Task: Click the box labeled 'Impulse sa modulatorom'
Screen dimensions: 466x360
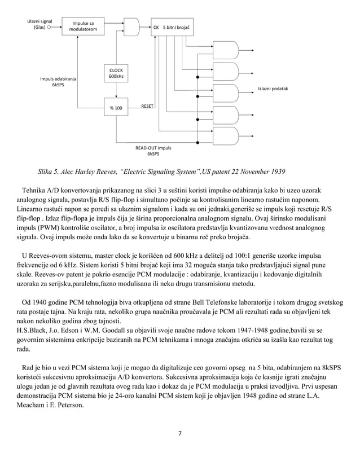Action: pos(83,26)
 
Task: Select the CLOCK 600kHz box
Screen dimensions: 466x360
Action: pos(116,74)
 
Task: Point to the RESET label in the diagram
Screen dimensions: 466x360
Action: pos(148,105)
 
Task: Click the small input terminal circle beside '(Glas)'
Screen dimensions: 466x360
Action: pos(50,27)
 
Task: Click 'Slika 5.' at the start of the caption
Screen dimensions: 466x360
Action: pos(51,171)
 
